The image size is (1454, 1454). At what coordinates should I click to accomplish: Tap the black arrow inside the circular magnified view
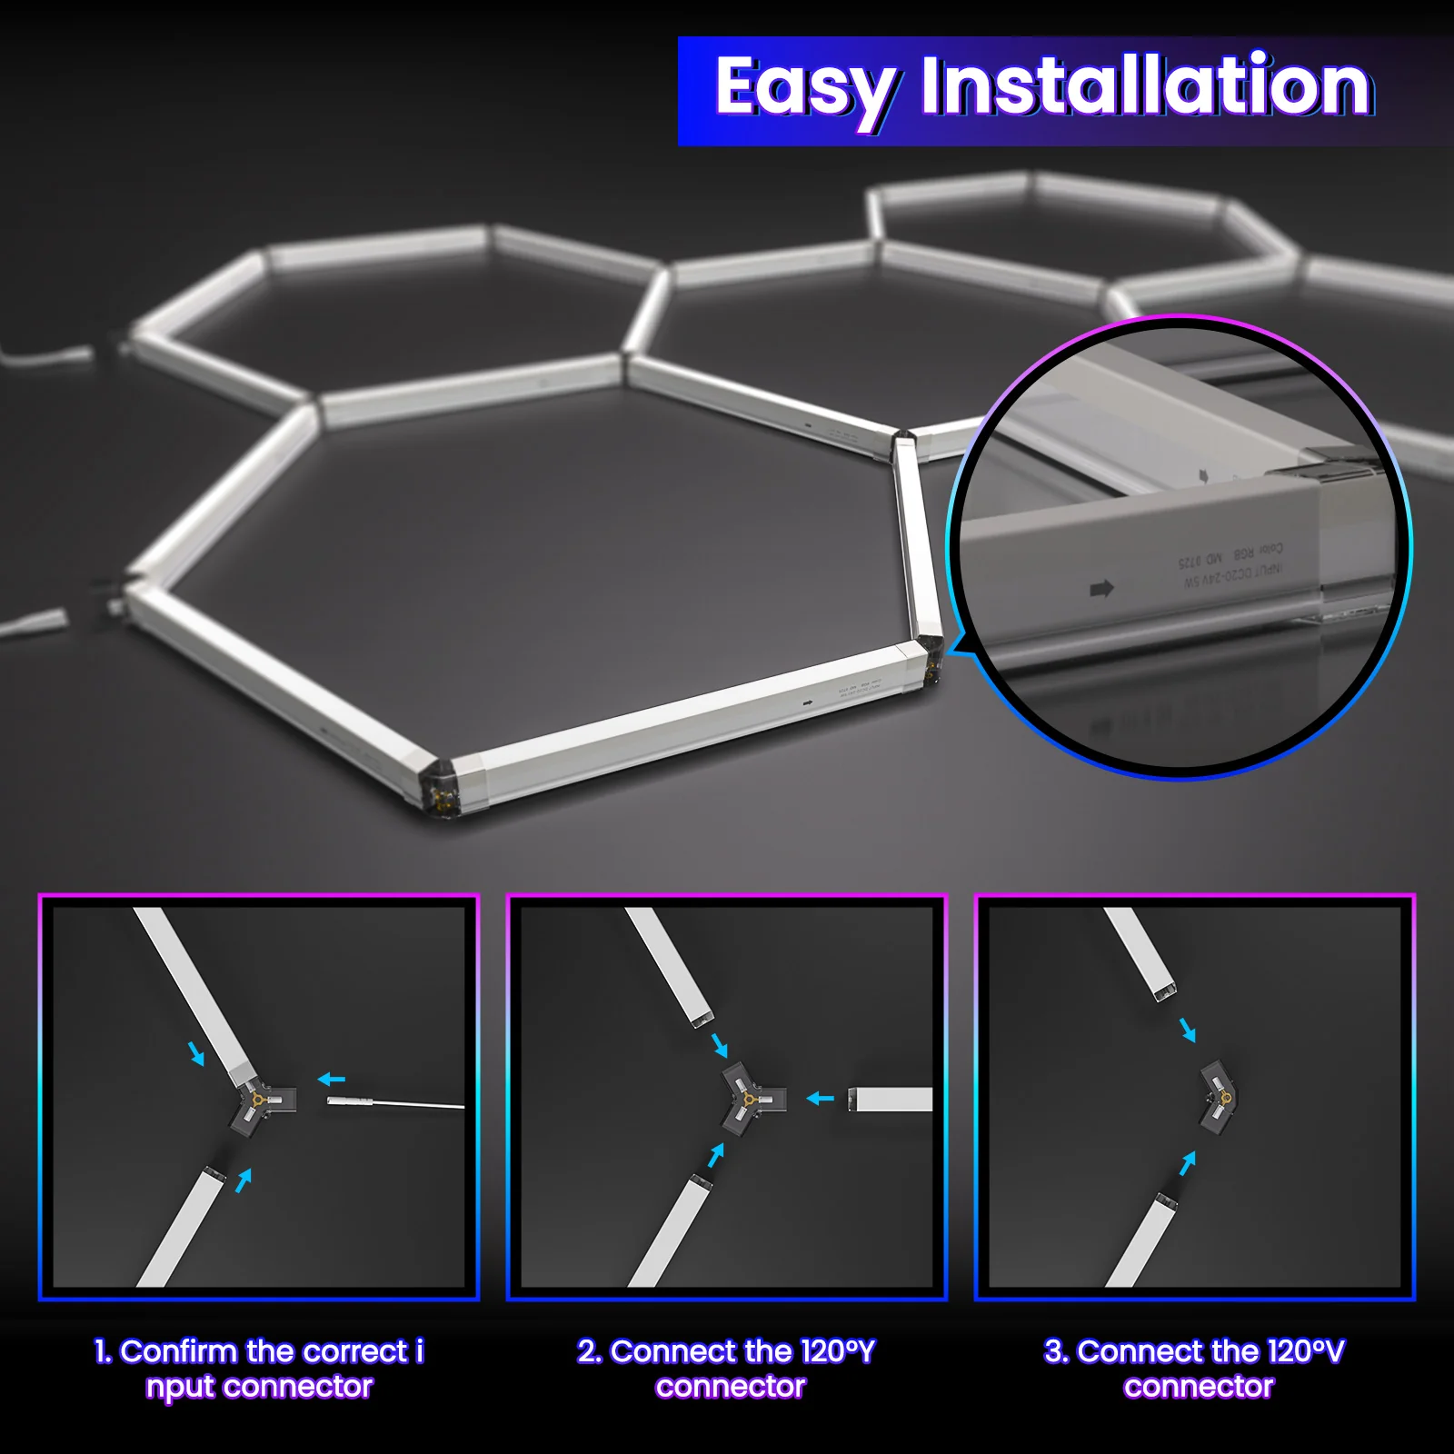tap(1101, 589)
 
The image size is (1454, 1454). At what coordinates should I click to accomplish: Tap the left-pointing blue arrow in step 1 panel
tap(332, 1080)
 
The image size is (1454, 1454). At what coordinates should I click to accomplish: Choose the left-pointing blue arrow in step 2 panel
tap(821, 1099)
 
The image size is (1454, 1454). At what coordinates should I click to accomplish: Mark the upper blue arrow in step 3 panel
tap(1188, 1031)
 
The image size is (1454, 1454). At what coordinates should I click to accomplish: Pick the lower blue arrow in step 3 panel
tap(1188, 1163)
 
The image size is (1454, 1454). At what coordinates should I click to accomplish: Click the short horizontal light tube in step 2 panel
tap(891, 1100)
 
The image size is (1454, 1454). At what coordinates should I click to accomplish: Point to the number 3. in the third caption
tap(1056, 1351)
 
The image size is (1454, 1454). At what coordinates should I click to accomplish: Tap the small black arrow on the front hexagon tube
tap(808, 702)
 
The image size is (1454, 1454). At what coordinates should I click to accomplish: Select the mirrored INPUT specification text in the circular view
tap(1232, 567)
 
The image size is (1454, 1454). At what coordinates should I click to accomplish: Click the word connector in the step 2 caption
tap(731, 1388)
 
